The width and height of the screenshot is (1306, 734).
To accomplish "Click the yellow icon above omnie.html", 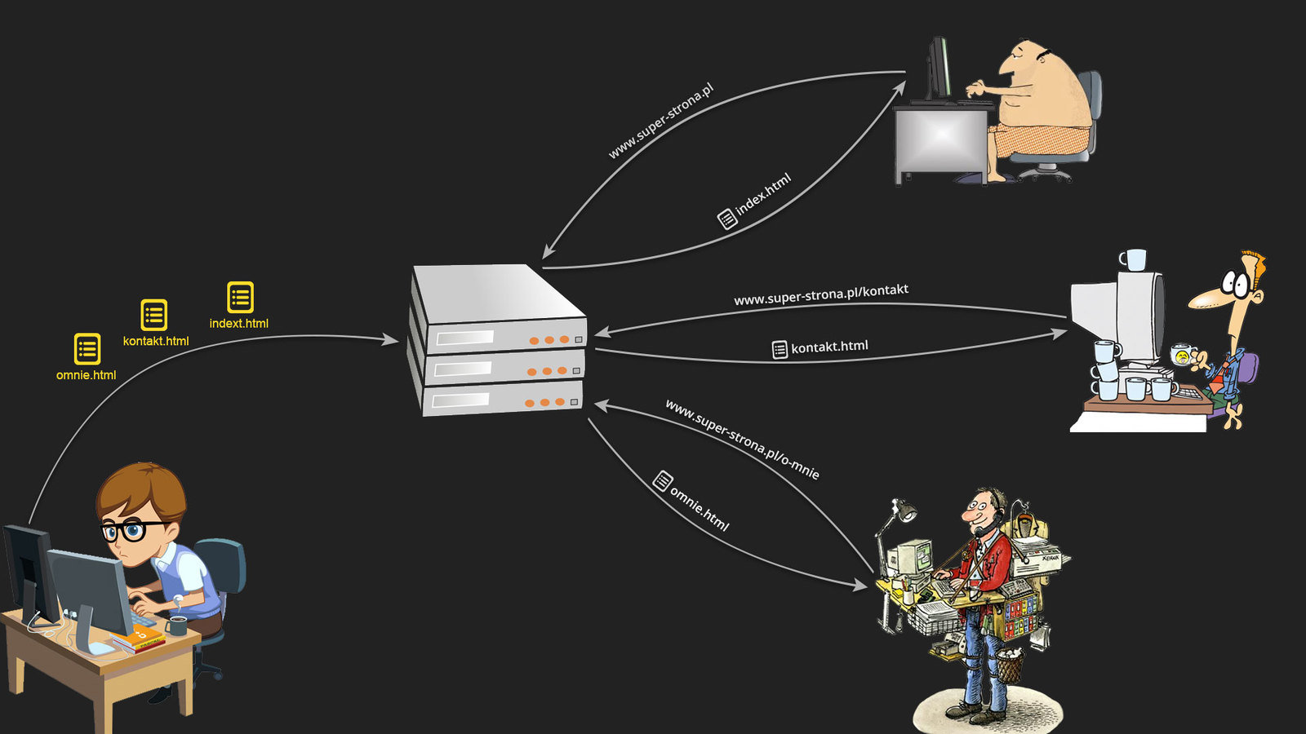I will click(87, 349).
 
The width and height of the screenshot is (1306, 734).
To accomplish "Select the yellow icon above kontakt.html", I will click(154, 315).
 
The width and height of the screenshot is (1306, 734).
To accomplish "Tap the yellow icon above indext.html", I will click(240, 298).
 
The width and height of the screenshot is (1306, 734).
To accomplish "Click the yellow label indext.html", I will click(238, 324).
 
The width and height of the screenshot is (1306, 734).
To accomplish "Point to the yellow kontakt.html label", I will click(155, 341).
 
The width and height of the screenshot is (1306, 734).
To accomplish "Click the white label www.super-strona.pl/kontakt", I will click(820, 294).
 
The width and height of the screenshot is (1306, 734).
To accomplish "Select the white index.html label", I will click(763, 194).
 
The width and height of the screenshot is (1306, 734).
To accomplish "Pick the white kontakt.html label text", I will click(829, 347).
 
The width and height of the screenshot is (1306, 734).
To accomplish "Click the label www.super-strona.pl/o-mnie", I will click(742, 439).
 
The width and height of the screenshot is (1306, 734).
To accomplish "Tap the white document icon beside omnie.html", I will click(663, 481).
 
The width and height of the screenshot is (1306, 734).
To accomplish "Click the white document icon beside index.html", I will click(726, 219).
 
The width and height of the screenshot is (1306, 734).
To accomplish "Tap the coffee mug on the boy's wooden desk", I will click(177, 626).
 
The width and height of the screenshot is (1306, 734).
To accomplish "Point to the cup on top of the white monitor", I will click(1133, 260).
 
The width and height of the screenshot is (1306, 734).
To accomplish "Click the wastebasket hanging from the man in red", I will click(1010, 665).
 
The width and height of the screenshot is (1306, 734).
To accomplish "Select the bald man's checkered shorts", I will click(1041, 139).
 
